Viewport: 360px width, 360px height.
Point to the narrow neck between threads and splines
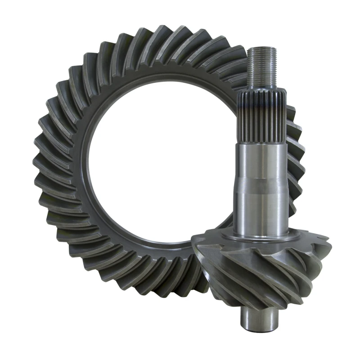(260, 90)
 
